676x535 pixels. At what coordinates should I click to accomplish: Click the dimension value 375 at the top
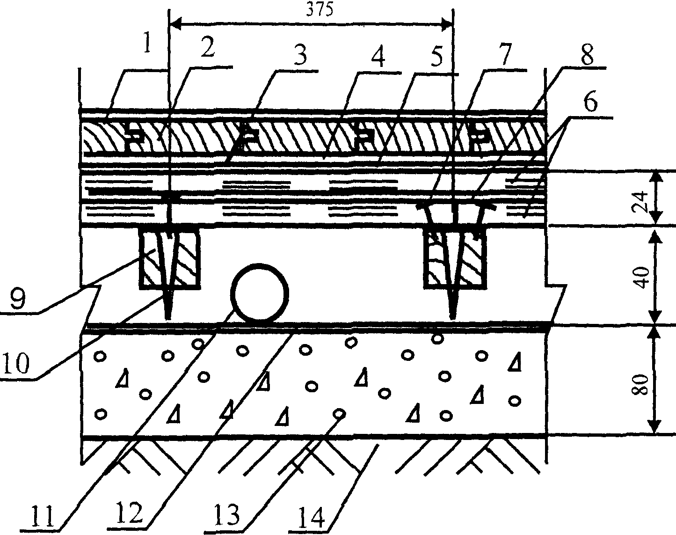coord(320,10)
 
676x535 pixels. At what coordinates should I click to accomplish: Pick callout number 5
coord(437,56)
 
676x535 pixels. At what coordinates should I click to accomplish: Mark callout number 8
coord(586,55)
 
